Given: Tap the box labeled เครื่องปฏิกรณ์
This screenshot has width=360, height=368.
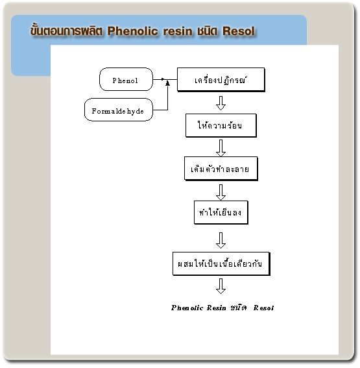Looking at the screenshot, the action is (x=221, y=80).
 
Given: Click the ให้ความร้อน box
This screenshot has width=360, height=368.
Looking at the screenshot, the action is (x=221, y=125).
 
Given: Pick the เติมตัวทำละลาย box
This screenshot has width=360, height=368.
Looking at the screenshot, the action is (x=221, y=169).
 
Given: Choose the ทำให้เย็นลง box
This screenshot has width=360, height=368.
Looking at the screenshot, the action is (x=221, y=212).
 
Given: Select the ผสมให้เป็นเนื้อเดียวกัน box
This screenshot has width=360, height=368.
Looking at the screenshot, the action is (x=221, y=264).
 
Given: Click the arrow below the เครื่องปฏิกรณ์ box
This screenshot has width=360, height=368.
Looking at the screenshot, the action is (x=221, y=103).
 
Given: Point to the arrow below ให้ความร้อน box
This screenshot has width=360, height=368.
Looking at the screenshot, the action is (x=221, y=148).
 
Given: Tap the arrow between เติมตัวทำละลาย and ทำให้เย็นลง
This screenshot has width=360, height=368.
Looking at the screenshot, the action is (x=221, y=192).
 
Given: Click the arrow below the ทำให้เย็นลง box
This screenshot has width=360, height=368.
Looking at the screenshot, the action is (x=221, y=240).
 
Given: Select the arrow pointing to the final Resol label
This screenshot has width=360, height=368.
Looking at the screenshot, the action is (x=221, y=286).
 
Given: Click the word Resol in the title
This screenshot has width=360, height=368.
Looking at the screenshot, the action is (x=239, y=31).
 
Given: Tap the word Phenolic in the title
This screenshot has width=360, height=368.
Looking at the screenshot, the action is (x=133, y=31).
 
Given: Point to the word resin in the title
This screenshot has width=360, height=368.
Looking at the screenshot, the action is (x=178, y=31).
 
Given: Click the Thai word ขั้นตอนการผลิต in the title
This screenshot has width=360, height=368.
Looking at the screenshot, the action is (x=66, y=31).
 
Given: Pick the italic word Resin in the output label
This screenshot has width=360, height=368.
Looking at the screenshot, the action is (x=216, y=308).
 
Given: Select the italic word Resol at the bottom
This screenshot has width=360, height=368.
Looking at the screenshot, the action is (x=263, y=308).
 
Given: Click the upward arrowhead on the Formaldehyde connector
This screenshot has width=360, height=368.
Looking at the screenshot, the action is (x=167, y=83).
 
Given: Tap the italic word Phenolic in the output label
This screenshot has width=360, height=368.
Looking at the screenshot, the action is (x=187, y=308).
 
